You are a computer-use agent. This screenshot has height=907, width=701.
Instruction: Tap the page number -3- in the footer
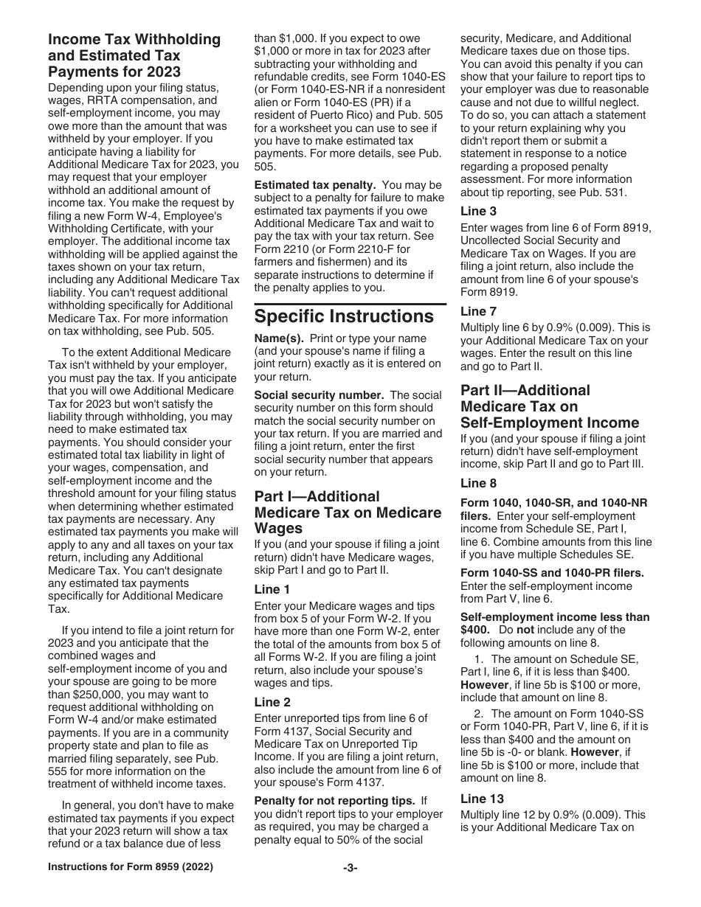(350, 888)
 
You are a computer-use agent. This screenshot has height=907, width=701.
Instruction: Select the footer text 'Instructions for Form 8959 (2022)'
(130, 888)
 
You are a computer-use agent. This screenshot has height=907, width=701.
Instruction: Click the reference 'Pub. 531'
(602, 192)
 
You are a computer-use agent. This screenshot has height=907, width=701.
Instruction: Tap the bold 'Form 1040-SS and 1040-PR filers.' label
(552, 573)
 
